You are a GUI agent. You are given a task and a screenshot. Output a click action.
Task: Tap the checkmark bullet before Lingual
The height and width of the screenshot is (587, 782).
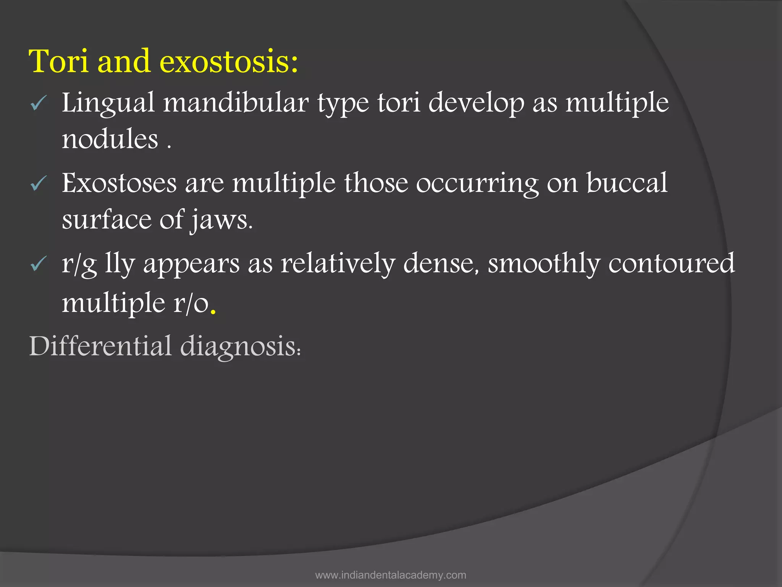[39, 103]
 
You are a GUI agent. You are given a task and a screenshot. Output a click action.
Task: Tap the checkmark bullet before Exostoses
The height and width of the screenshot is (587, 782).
[39, 183]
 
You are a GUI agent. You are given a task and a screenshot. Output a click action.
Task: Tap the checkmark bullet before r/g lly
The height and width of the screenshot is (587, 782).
[39, 264]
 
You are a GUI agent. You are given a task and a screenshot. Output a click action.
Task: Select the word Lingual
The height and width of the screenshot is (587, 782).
[108, 103]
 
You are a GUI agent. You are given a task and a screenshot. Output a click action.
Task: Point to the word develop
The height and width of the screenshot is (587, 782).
[476, 103]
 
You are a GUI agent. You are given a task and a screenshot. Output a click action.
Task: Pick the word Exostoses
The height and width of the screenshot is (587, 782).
[119, 183]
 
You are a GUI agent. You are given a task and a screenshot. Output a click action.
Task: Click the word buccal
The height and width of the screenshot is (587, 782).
[627, 183]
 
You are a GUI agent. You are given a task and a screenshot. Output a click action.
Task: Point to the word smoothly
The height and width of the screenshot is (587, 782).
[544, 264]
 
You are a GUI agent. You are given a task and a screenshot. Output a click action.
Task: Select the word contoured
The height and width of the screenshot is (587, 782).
[671, 264]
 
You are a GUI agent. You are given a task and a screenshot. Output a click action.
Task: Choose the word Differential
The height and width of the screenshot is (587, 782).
[100, 346]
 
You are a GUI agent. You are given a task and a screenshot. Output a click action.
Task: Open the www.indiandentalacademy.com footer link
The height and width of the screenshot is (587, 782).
[391, 575]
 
